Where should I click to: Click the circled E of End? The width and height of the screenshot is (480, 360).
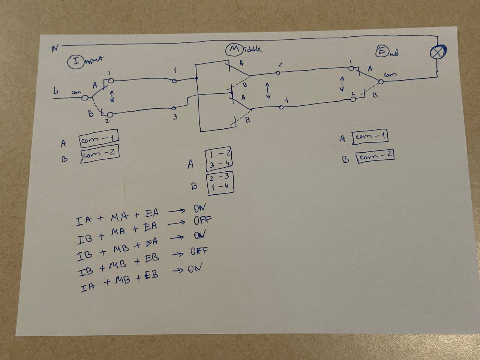click(x=382, y=52)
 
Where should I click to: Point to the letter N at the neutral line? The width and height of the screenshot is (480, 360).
click(x=55, y=48)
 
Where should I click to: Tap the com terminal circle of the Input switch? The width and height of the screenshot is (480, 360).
click(x=85, y=98)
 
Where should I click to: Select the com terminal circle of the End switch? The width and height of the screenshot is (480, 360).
click(x=381, y=81)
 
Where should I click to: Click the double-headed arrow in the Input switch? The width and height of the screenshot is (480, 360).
click(x=112, y=96)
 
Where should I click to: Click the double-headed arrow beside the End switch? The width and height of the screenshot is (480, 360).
click(x=342, y=83)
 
